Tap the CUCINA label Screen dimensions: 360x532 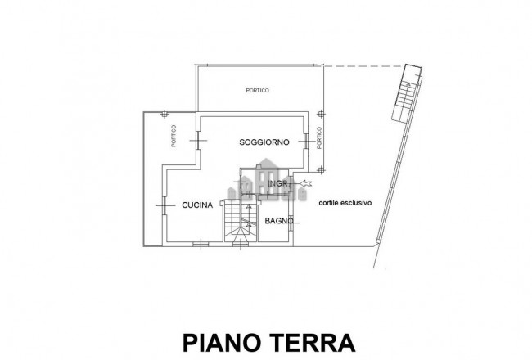click(x=197, y=205)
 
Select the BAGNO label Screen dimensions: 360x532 click(x=279, y=222)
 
